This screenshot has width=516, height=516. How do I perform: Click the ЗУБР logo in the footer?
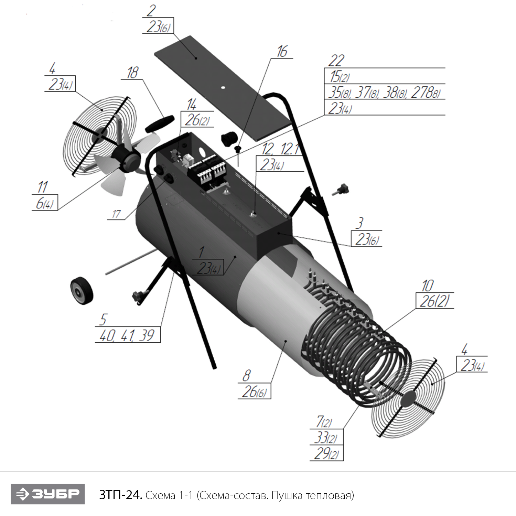click(x=47, y=494)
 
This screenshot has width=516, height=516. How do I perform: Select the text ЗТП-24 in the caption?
click(x=120, y=495)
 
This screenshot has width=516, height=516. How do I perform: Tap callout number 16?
click(x=282, y=52)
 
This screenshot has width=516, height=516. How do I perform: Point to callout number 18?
click(x=132, y=73)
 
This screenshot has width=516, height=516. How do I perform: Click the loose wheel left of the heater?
click(x=82, y=291)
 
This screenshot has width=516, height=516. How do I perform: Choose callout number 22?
click(x=336, y=61)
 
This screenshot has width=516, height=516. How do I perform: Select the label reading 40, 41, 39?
click(x=127, y=335)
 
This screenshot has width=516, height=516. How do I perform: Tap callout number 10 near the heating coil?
click(x=428, y=286)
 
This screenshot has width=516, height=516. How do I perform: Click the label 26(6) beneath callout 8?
click(x=254, y=392)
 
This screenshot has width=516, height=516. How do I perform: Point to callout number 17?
click(x=116, y=214)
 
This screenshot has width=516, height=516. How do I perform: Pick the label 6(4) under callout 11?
click(x=45, y=203)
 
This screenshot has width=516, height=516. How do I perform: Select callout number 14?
click(x=192, y=104)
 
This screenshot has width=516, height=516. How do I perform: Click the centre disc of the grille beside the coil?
click(x=408, y=399)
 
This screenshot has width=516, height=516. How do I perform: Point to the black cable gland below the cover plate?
click(x=228, y=138)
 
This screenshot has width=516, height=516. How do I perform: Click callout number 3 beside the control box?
click(x=359, y=223)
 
